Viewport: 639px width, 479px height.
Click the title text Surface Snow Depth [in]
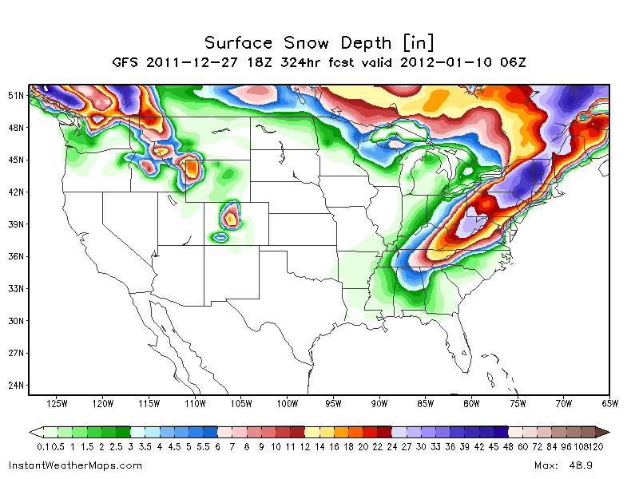[x=319, y=42]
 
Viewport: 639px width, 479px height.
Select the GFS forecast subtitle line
[x=319, y=61]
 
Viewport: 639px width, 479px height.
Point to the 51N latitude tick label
[x=16, y=95]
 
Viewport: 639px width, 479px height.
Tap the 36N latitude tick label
[x=16, y=256]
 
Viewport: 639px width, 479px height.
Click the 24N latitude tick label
[x=16, y=386]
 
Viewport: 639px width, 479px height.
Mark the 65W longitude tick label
[x=609, y=404]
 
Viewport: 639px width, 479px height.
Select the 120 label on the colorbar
[x=595, y=446]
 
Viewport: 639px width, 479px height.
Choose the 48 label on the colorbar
[x=507, y=446]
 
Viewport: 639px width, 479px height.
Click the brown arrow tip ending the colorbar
[x=605, y=432]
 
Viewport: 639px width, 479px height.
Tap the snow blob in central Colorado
[x=231, y=216]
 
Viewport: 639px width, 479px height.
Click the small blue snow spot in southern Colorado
[x=220, y=237]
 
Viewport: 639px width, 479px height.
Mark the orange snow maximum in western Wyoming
[x=192, y=168]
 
